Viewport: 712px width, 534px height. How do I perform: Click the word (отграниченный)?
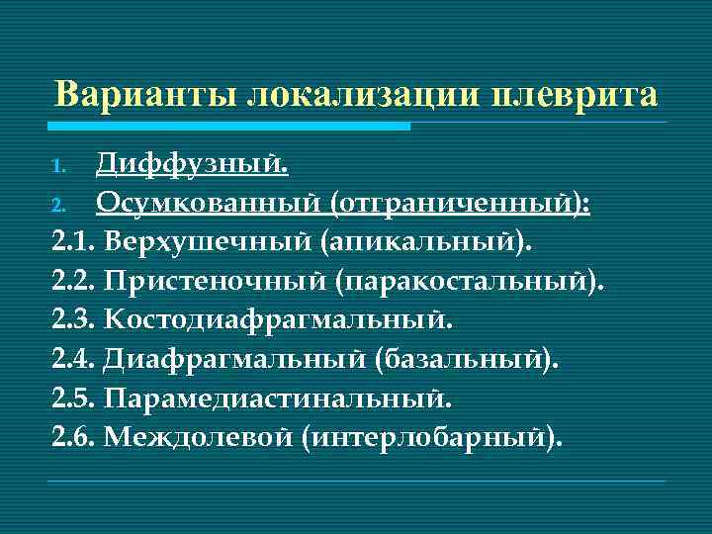(461, 202)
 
